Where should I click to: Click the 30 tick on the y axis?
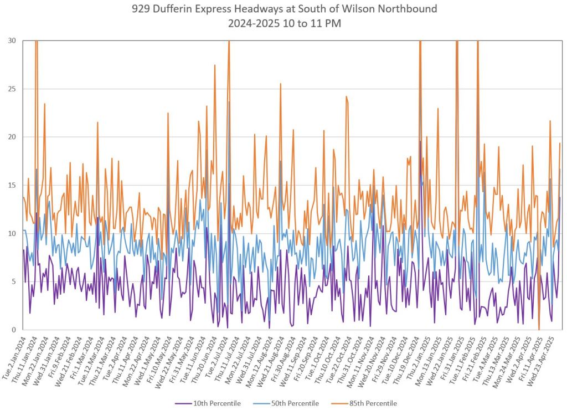click(12, 40)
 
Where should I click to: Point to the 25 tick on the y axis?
click(12, 89)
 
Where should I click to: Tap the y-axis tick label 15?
click(12, 185)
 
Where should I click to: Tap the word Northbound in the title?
click(409, 9)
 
